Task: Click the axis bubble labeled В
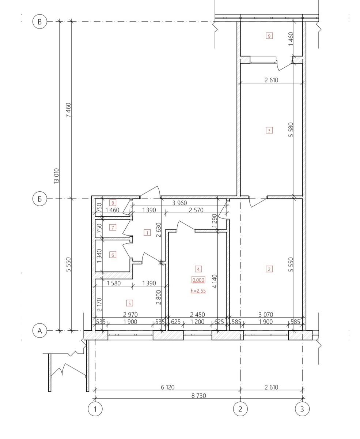40,22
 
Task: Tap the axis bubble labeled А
40,331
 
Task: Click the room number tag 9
269,36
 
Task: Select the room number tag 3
269,131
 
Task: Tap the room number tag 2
269,269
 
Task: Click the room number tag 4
198,269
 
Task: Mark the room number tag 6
113,255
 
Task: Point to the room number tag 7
113,228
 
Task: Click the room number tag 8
113,203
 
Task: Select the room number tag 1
147,233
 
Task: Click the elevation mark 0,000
198,280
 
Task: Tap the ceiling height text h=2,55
198,290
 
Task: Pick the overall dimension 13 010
56,176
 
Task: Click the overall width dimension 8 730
198,395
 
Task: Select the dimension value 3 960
179,203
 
